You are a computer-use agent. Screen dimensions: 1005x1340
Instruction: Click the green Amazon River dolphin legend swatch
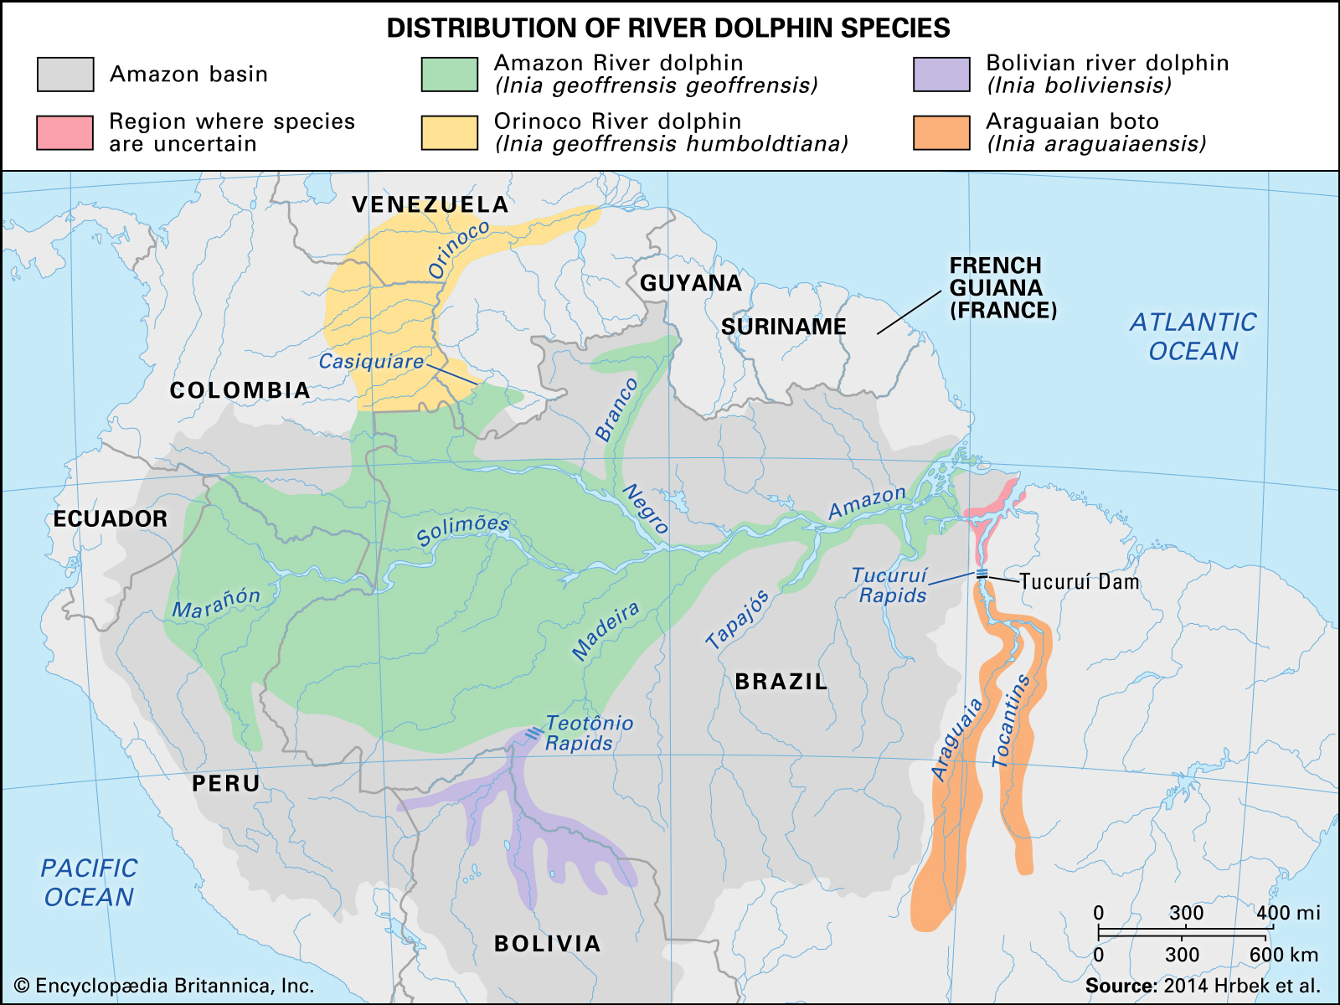click(x=450, y=74)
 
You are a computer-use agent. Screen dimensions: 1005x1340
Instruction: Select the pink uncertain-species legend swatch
click(x=64, y=132)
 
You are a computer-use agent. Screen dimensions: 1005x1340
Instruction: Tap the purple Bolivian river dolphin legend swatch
click(x=941, y=74)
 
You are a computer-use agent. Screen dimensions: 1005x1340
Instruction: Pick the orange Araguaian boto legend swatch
click(x=941, y=132)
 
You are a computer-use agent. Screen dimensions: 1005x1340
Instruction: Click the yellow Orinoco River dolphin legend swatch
click(x=450, y=132)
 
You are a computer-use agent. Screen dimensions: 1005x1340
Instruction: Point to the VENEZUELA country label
click(x=430, y=204)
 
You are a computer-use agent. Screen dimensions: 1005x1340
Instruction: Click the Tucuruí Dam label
click(x=1080, y=582)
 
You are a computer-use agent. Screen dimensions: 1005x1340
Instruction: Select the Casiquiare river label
click(x=371, y=362)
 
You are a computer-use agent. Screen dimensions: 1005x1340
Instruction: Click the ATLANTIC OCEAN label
click(x=1193, y=337)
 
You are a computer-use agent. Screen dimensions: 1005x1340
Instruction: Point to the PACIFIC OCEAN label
click(x=89, y=883)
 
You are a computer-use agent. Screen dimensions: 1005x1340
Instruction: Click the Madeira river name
click(x=606, y=630)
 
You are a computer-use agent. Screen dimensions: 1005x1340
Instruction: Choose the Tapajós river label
click(x=737, y=620)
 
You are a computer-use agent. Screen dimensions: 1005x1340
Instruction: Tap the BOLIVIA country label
click(x=548, y=944)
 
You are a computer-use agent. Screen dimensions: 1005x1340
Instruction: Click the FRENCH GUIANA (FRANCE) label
click(x=1002, y=288)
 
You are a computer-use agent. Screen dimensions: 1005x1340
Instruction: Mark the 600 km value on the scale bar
click(x=1283, y=955)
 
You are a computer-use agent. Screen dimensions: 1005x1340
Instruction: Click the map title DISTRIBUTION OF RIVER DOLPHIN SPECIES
click(x=668, y=28)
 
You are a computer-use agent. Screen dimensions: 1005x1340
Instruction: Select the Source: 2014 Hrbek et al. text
click(x=1203, y=986)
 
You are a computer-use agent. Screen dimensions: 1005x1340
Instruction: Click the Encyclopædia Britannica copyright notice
click(x=164, y=986)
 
